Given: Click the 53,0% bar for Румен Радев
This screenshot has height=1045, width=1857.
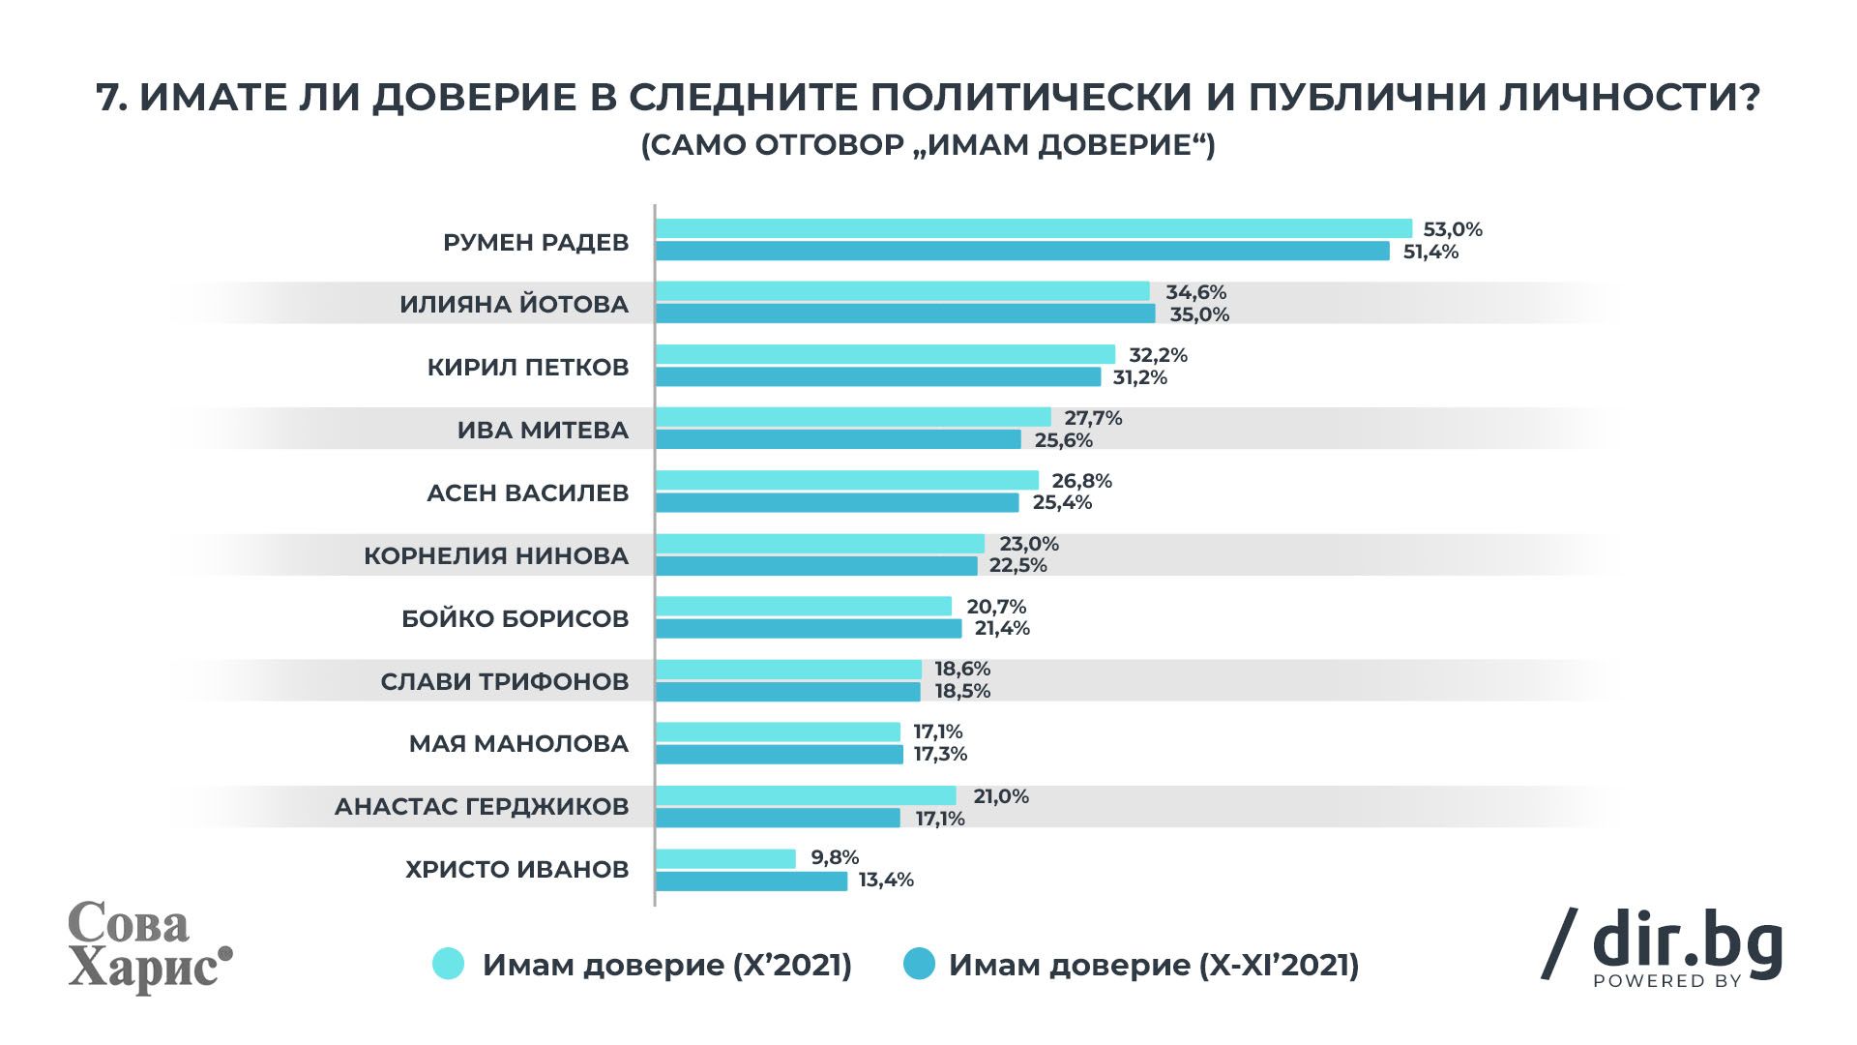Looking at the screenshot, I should (x=1033, y=228).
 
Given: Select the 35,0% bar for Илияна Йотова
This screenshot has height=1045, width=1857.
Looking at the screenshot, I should (x=905, y=313).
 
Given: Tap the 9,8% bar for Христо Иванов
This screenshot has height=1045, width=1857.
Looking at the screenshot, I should (x=725, y=858).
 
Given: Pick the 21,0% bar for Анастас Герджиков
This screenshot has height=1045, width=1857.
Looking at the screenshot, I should (x=806, y=795).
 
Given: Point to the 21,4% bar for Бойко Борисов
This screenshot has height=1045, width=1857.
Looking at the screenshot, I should (x=809, y=629).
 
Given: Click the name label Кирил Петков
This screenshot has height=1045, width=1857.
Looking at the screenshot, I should (x=528, y=368).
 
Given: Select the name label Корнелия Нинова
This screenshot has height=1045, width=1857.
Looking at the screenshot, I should (x=496, y=556).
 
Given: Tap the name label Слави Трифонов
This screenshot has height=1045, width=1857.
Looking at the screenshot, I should (x=504, y=681).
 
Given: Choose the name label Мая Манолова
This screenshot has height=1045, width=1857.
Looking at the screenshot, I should (x=518, y=744).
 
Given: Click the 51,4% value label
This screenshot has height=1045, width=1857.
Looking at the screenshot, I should (x=1431, y=253).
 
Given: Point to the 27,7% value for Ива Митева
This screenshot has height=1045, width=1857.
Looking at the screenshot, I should (x=1093, y=418).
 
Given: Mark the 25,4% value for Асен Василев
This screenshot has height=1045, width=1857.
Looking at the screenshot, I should (x=1062, y=502).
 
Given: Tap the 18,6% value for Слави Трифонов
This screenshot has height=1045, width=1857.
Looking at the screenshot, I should (x=962, y=669).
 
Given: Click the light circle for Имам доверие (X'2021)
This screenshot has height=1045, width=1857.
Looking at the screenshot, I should (x=449, y=964).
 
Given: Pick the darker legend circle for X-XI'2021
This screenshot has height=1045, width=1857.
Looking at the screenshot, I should (x=919, y=964).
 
